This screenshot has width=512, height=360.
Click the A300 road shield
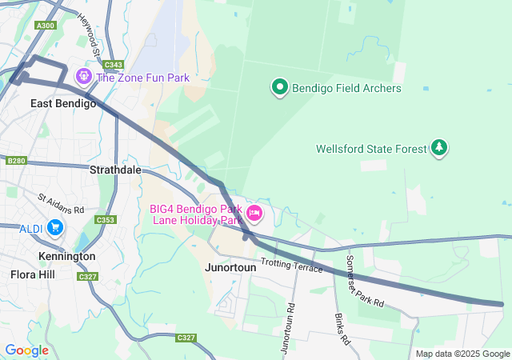tap(46, 26)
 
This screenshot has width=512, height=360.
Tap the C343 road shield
tap(114, 65)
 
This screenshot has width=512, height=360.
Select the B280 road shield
tap(16, 161)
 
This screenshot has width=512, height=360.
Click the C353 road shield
tap(105, 220)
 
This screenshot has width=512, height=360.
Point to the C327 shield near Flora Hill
tap(88, 276)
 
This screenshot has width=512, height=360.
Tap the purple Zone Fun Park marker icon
tap(82, 77)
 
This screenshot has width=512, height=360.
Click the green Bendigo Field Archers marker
tap(279, 87)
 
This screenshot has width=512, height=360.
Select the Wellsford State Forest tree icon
tap(438, 148)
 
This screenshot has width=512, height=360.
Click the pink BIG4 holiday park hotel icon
tap(254, 213)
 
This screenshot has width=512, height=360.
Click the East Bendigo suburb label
tap(63, 103)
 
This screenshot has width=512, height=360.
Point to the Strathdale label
tap(115, 170)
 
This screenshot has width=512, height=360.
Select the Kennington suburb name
tap(67, 256)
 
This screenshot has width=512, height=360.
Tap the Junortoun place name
tap(230, 268)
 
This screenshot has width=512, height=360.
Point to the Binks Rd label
tap(342, 329)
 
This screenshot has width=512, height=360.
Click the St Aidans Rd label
tap(61, 203)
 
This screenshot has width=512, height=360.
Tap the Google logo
tap(26, 350)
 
